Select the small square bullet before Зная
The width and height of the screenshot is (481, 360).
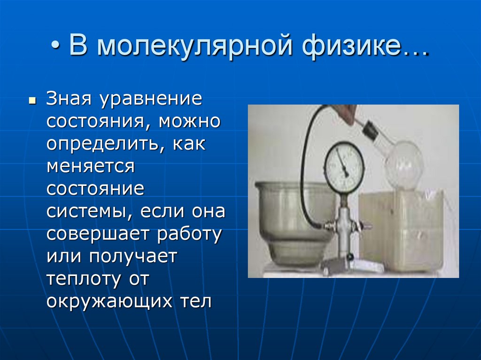(x=32, y=101)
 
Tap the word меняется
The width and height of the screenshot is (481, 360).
(x=91, y=167)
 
